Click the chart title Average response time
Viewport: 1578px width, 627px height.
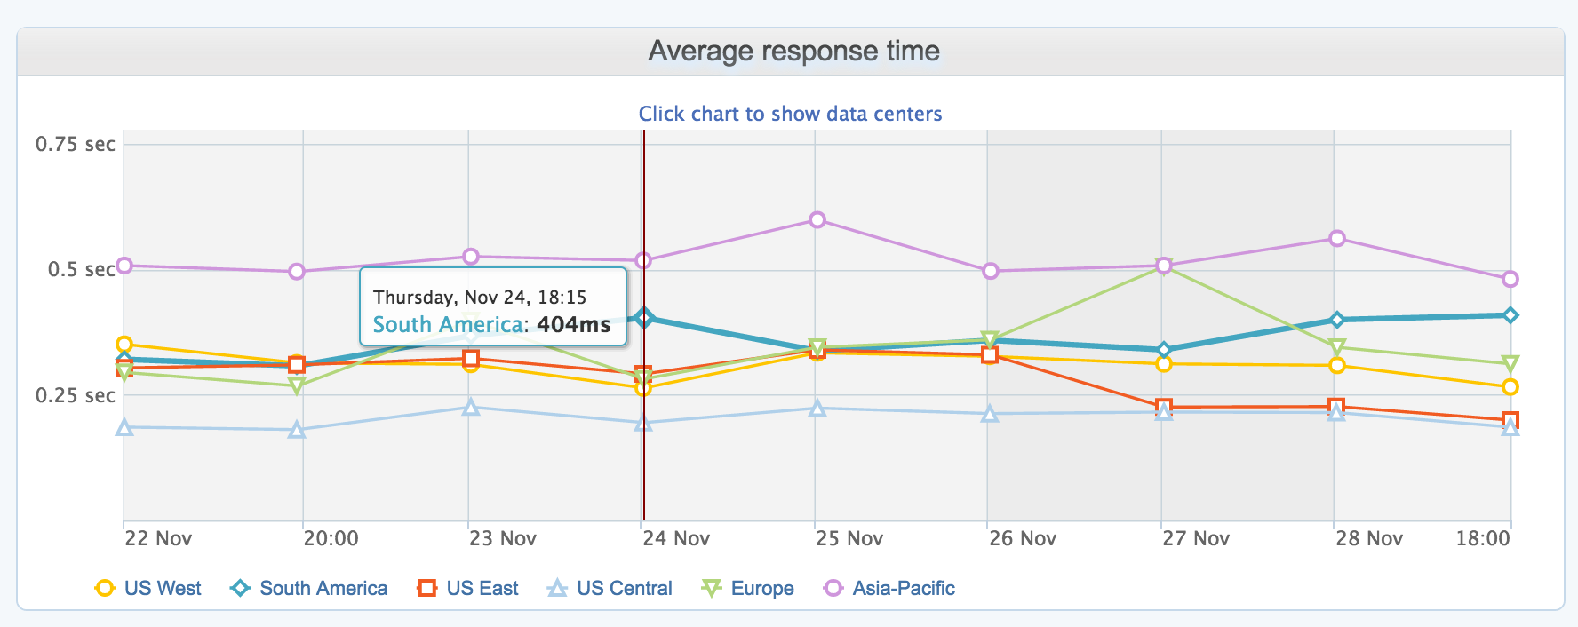click(793, 52)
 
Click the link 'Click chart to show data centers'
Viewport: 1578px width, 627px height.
click(790, 114)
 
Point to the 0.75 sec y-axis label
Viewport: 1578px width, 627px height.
click(76, 144)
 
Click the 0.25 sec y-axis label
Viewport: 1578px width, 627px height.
click(76, 395)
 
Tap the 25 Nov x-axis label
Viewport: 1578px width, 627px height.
click(850, 538)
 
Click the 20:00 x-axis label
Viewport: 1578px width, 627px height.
click(331, 538)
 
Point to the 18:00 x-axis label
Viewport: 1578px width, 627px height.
click(1482, 538)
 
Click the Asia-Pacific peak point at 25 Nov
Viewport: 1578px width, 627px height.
click(817, 220)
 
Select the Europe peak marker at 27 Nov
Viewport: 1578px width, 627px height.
click(1164, 267)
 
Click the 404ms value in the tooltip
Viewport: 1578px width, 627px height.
click(573, 324)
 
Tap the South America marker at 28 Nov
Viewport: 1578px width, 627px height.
click(1337, 320)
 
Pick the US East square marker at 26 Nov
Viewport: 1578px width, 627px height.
click(990, 355)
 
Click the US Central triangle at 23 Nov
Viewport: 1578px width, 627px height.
click(472, 408)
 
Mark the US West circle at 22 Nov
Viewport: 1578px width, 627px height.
click(124, 345)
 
